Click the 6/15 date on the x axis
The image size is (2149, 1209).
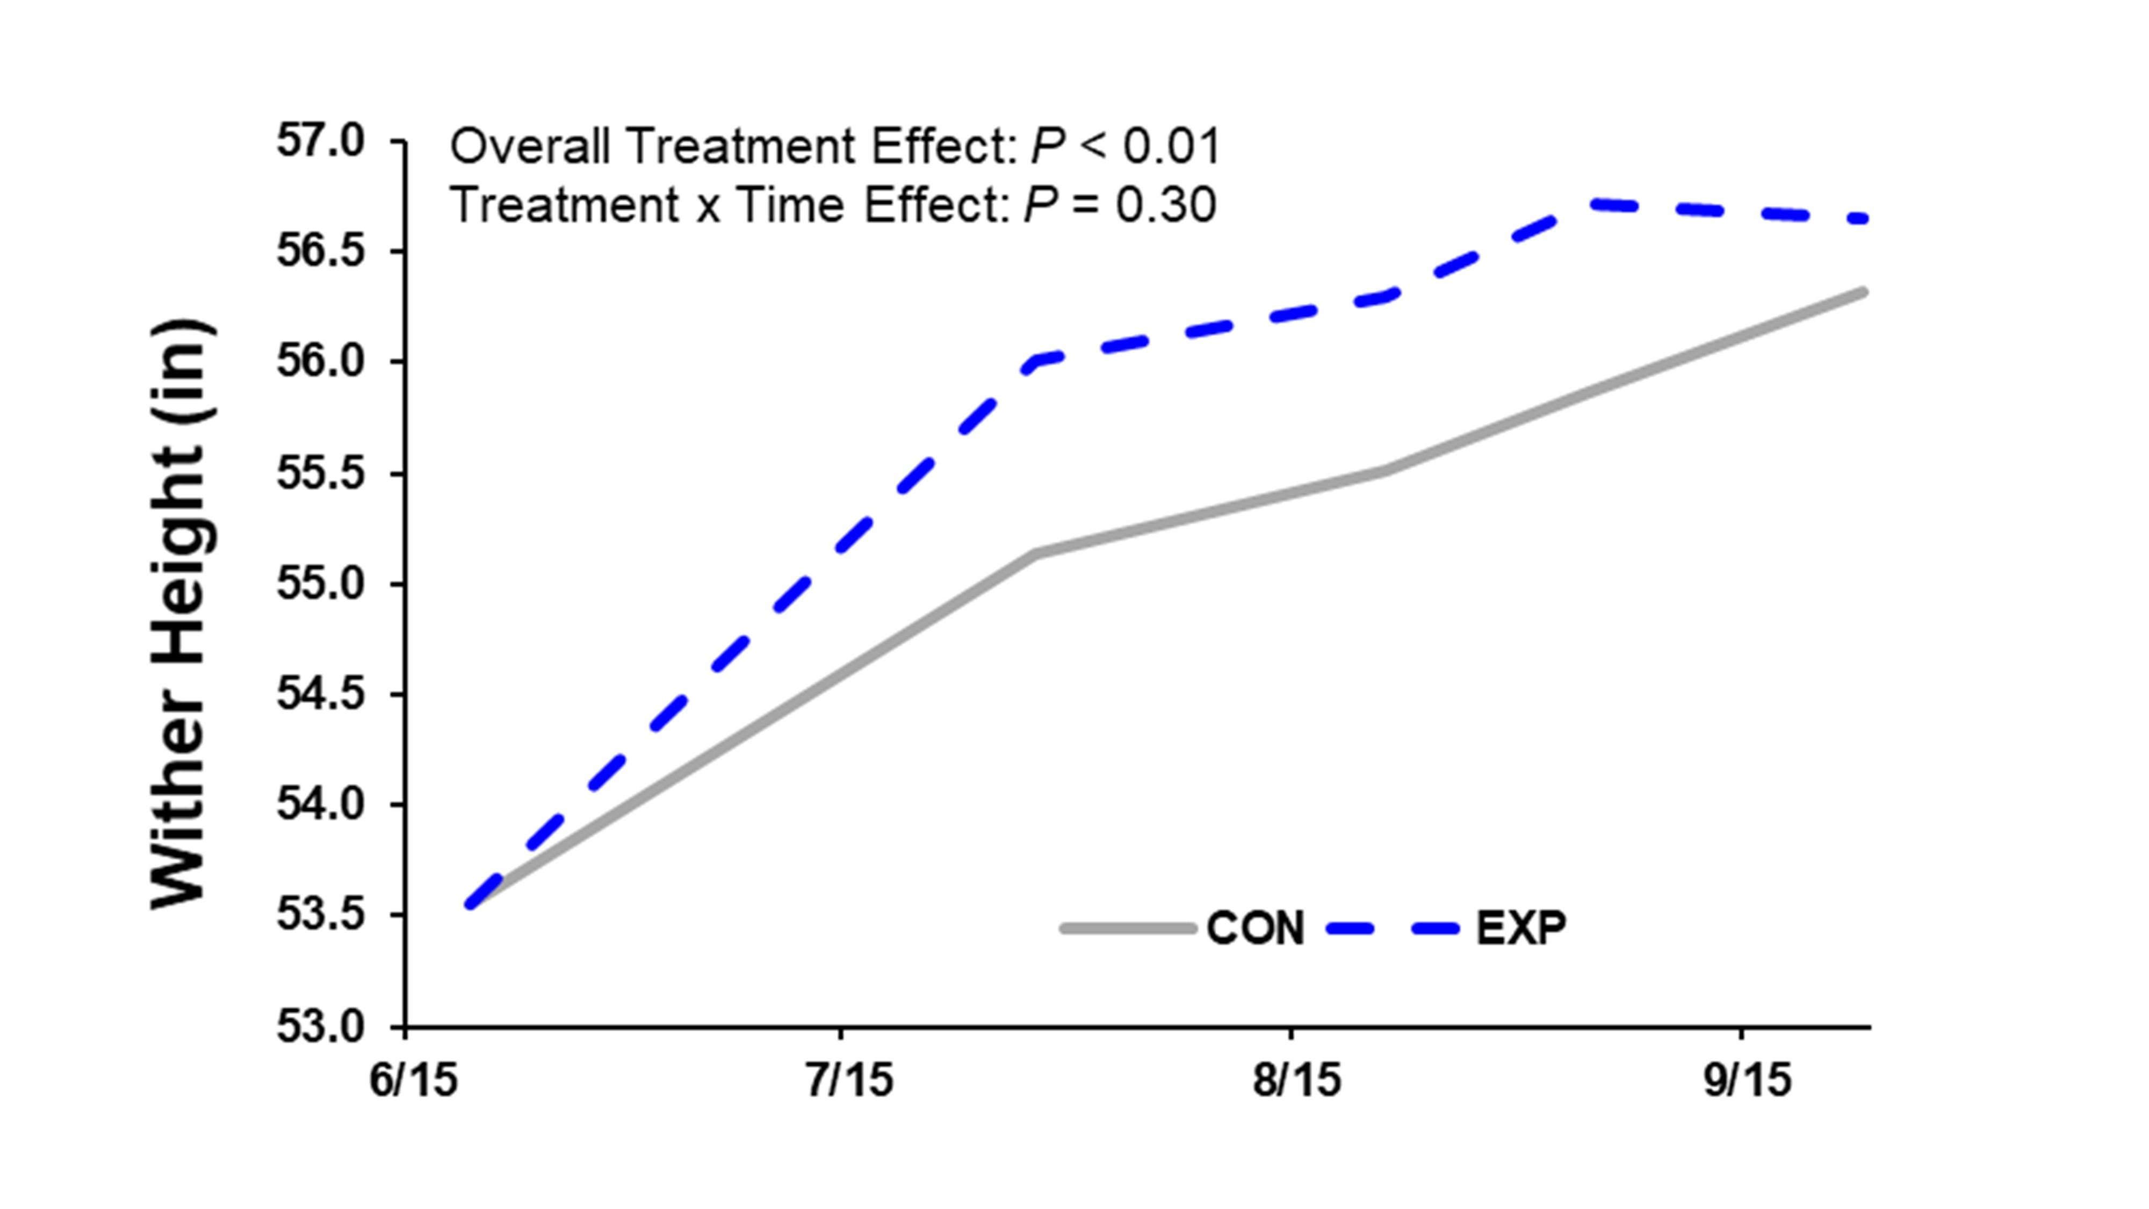coord(414,1081)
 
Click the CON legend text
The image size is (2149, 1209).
coord(1254,928)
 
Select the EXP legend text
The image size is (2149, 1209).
coord(1521,928)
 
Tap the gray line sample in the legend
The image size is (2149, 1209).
coord(1128,928)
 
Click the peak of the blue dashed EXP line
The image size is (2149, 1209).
coord(1589,203)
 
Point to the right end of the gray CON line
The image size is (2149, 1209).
coord(1863,292)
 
